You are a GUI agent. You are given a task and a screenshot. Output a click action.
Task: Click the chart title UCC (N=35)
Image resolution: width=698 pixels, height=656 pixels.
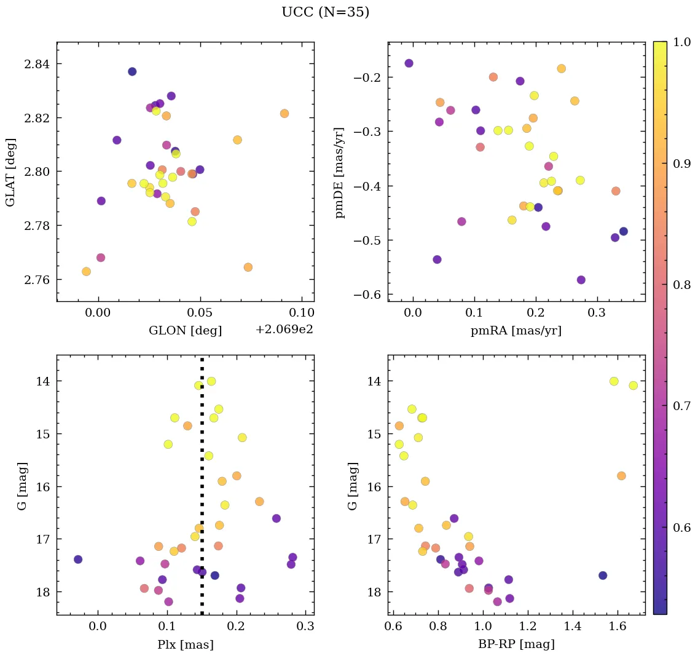325,12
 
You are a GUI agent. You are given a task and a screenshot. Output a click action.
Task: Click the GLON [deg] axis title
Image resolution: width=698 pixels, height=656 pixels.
185,331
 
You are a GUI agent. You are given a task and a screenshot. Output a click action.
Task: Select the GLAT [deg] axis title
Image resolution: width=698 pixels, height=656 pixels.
10,172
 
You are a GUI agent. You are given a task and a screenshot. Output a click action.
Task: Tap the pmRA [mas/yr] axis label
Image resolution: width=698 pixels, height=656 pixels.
516,331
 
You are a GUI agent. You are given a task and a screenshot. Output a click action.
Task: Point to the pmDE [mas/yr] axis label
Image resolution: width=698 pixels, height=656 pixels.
340,173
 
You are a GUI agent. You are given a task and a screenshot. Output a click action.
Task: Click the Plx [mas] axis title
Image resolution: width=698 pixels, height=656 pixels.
185,644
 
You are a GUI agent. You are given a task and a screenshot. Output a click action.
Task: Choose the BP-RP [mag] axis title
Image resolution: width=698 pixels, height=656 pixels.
516,644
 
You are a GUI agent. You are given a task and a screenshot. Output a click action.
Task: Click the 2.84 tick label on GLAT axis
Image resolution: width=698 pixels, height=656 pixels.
37,64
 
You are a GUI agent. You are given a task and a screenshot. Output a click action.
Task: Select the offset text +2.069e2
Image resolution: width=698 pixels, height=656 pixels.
284,330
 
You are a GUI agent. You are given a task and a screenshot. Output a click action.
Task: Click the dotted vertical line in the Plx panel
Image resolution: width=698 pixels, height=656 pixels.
202,492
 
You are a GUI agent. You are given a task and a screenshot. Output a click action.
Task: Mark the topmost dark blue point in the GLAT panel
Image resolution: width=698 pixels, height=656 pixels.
132,71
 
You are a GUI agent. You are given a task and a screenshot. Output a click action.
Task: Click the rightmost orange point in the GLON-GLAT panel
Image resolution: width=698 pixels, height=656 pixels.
284,113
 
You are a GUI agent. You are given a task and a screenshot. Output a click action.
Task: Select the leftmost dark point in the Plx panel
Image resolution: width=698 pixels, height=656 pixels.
78,559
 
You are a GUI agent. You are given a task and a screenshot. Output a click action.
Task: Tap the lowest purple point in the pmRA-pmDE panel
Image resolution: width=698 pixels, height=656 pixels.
581,280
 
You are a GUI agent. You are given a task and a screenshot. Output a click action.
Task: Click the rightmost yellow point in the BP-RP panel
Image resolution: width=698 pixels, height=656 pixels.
633,385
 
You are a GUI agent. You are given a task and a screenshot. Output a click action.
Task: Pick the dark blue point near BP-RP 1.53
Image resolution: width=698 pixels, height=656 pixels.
603,575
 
